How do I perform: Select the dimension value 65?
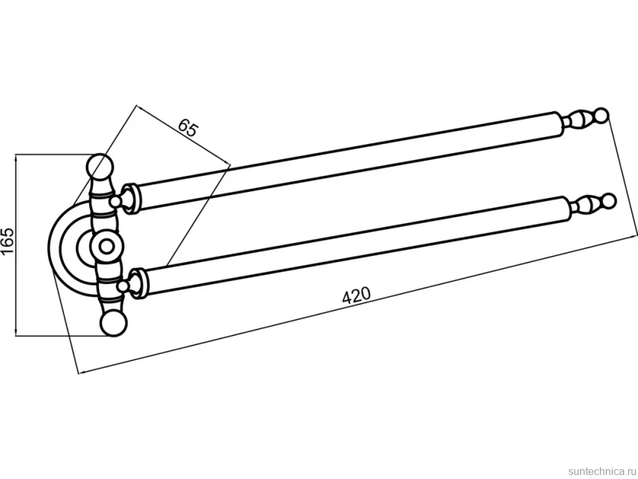coord(188,128)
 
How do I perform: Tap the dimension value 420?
coord(356,295)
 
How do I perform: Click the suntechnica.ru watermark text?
coord(602,471)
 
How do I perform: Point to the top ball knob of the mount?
coord(100,166)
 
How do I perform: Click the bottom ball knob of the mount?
coord(114,323)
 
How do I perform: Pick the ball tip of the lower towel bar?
coord(610,201)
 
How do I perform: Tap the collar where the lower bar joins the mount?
coord(139,283)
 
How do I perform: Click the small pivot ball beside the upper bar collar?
coord(116,201)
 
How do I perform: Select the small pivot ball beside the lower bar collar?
coord(124,286)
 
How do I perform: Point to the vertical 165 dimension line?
coord(16,245)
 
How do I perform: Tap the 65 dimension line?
coord(183,135)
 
